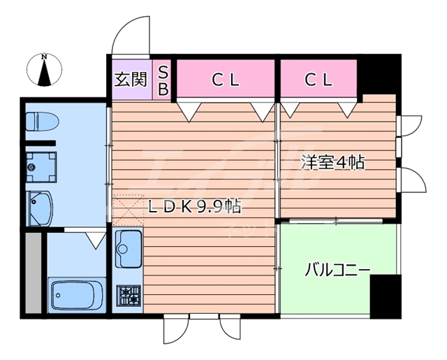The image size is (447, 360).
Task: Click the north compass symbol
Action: point(44,71)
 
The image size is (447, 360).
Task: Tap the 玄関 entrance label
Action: point(131,78)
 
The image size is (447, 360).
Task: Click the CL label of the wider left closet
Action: point(226,80)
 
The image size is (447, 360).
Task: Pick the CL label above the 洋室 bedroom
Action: point(318,80)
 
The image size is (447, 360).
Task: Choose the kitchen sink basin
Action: point(128,247)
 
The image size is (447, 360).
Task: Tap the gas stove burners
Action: point(129,296)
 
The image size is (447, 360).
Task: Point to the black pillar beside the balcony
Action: point(384,294)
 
